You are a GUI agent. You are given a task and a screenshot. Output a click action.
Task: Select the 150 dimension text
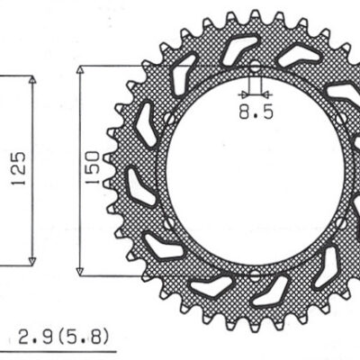(91, 168)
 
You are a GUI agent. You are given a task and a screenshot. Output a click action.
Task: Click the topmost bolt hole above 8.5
(253, 68)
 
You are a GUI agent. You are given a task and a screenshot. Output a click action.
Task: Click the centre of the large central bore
(253, 170)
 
